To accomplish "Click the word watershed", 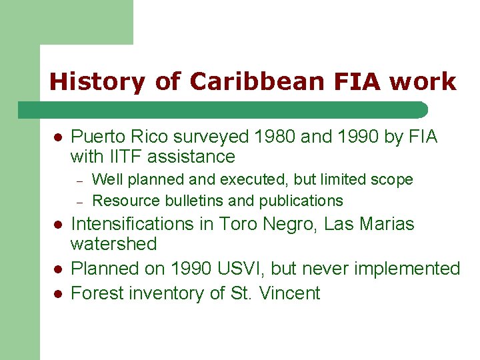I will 113,244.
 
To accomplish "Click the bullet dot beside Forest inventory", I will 57,293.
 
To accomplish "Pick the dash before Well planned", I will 78,180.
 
